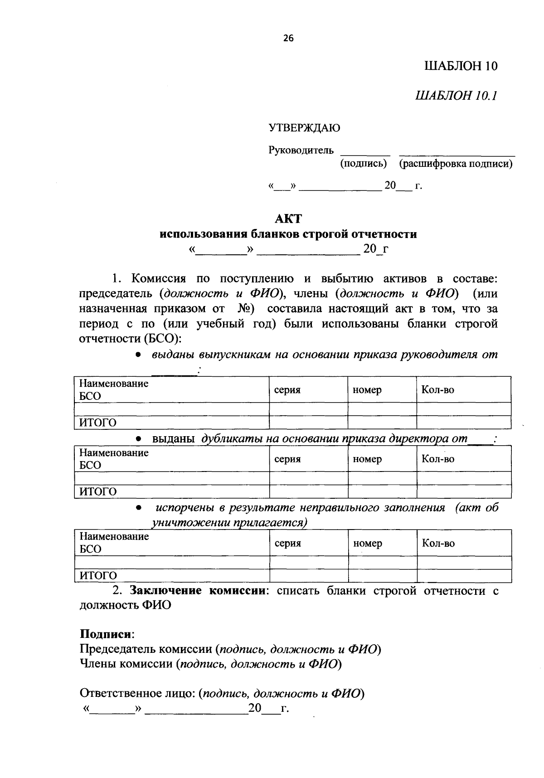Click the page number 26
tap(288, 39)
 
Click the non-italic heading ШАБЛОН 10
tap(461, 66)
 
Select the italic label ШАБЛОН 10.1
tap(457, 96)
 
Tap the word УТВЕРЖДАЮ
tap(304, 128)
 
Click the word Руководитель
tap(301, 150)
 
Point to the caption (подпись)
tap(363, 164)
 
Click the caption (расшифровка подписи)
tap(456, 164)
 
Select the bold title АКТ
tap(288, 219)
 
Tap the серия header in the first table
tap(287, 390)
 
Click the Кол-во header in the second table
tap(438, 459)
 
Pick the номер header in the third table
tap(367, 543)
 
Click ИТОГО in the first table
tap(98, 423)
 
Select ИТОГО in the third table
tap(98, 575)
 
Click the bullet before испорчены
tap(140, 508)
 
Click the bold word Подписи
tap(107, 633)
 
